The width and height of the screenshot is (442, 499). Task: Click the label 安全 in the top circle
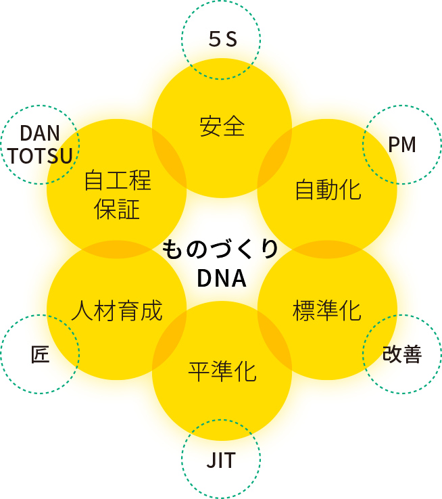[x=222, y=126]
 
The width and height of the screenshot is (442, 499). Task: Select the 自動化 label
[x=328, y=189]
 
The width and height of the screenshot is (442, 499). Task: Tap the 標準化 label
[x=327, y=310]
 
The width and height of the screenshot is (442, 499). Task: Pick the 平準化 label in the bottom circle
[x=222, y=371]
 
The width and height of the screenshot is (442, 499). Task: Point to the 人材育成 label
[x=117, y=310]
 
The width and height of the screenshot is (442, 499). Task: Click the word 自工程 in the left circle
[x=117, y=181]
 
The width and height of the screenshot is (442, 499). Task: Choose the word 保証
[x=117, y=209]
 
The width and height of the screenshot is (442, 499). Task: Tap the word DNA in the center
[x=221, y=278]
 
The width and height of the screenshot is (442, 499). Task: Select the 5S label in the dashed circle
[x=221, y=41]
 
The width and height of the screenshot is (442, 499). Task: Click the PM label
[x=402, y=144]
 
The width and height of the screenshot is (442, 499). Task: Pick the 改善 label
[x=402, y=354]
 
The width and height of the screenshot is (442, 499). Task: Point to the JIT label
[x=221, y=461]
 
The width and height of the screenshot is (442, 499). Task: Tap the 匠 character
[x=41, y=354]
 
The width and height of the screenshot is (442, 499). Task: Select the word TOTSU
[x=41, y=157]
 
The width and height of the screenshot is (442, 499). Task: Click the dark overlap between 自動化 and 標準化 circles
[x=327, y=249]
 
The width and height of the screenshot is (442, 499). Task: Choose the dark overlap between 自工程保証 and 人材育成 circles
[x=116, y=249]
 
